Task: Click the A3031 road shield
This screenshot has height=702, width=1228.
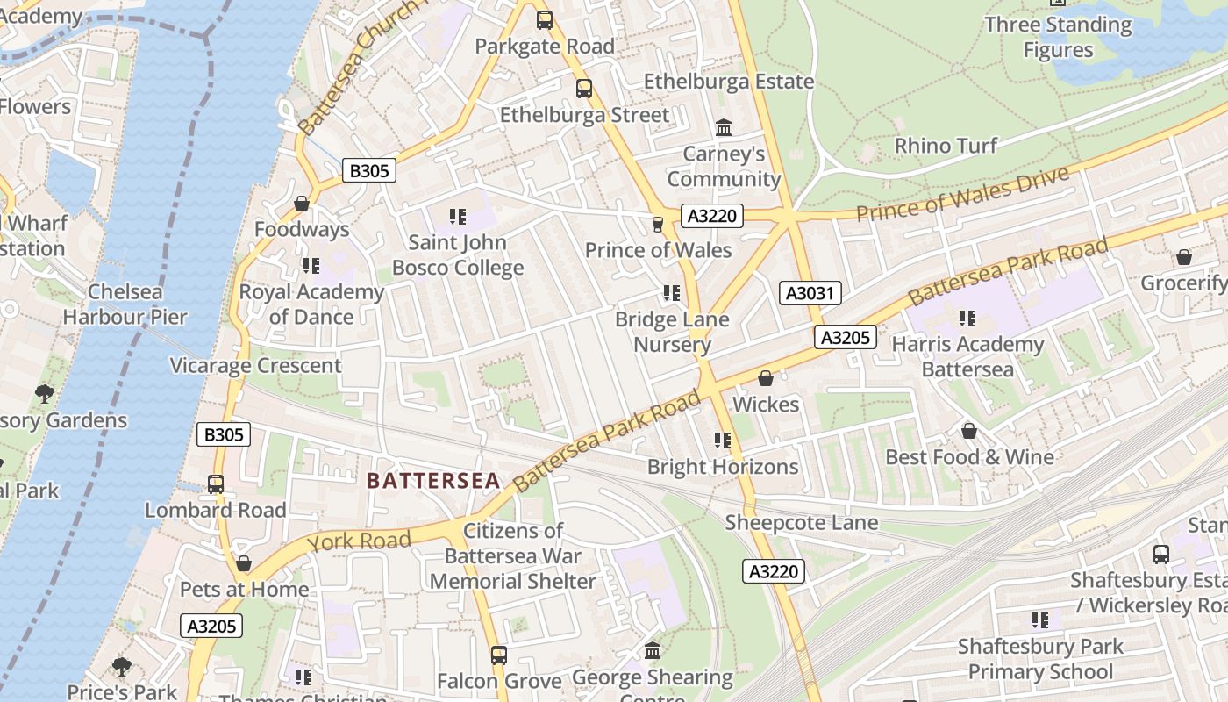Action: click(x=810, y=293)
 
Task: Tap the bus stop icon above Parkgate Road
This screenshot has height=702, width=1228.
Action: click(x=545, y=20)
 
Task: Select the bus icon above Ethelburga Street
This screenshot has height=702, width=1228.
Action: click(x=584, y=89)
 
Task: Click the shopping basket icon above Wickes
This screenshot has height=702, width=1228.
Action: click(x=766, y=378)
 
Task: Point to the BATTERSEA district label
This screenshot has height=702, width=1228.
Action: click(x=433, y=481)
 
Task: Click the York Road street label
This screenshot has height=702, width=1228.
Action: click(x=359, y=541)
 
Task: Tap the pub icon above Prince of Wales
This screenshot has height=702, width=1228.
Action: click(x=658, y=225)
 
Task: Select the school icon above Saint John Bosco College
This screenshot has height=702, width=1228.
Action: click(x=457, y=216)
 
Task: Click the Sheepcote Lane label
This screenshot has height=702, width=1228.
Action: click(x=801, y=523)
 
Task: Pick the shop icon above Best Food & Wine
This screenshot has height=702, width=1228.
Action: click(x=969, y=431)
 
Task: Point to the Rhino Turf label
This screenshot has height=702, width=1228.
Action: click(x=946, y=146)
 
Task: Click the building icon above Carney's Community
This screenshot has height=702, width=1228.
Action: click(x=724, y=129)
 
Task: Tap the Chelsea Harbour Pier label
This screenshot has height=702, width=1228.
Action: click(x=125, y=304)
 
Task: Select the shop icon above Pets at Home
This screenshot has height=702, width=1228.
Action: click(x=244, y=563)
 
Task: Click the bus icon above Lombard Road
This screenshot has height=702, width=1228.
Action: click(x=216, y=484)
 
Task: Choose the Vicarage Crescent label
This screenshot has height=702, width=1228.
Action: click(x=255, y=365)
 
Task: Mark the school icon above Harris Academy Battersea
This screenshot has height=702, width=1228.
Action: click(x=967, y=319)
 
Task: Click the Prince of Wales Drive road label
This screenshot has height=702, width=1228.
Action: click(x=962, y=194)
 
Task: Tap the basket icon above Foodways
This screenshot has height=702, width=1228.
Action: click(x=302, y=204)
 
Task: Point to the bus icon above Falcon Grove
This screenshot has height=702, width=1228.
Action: click(x=499, y=655)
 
